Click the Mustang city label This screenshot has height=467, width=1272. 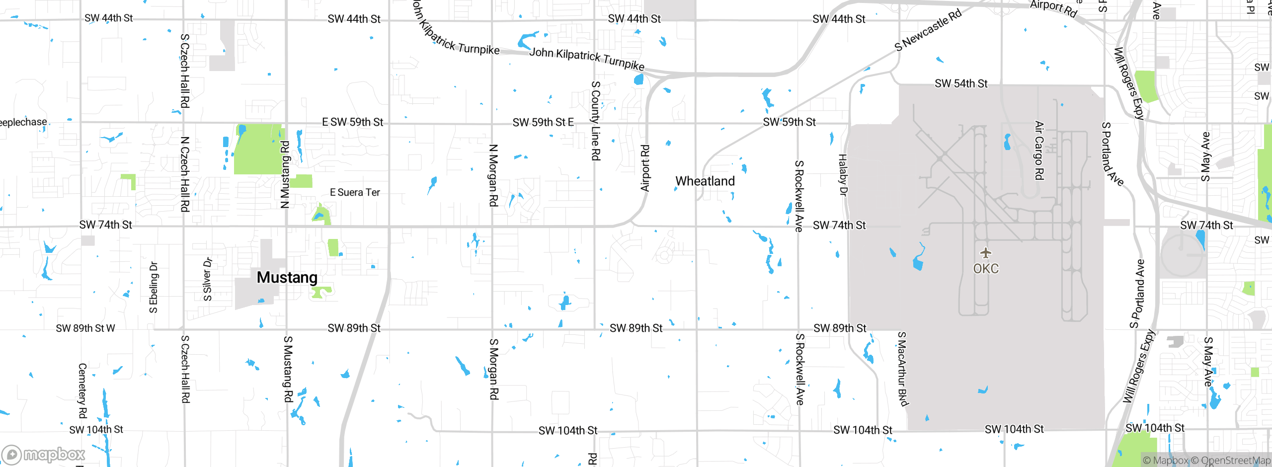pos(287,277)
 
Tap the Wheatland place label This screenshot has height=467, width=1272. pos(705,181)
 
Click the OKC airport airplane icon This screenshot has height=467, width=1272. pos(986,253)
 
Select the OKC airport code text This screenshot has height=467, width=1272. pos(986,269)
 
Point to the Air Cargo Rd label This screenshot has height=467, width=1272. pos(1039,150)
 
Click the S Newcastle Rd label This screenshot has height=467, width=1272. pos(928,30)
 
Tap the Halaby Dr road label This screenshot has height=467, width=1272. pos(843,175)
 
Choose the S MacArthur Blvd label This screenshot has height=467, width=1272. pos(902,369)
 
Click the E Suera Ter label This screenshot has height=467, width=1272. pos(355,192)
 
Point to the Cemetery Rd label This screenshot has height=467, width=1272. pos(82,390)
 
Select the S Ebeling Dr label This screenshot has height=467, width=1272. pos(154,287)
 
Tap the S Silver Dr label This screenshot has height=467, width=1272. pos(208,279)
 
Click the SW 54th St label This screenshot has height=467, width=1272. pos(961,83)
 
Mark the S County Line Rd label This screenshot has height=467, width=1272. pos(596,121)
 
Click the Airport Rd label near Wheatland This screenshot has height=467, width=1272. pos(645,168)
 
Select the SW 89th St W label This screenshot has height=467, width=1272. pos(85,328)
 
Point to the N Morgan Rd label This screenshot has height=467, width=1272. pos(493,175)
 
